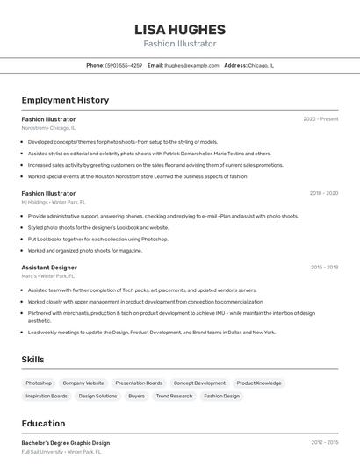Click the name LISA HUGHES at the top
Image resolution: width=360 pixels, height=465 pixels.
[x=180, y=29]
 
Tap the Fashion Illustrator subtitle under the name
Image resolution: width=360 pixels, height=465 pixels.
[x=180, y=44]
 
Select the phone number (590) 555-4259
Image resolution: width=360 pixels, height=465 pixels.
[x=124, y=65]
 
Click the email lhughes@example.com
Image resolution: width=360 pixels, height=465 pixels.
[x=192, y=65]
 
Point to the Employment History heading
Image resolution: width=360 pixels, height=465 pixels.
[x=65, y=100]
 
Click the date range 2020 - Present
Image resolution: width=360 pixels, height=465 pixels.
[x=320, y=118]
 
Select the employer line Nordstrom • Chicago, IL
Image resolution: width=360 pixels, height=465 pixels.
[x=48, y=128]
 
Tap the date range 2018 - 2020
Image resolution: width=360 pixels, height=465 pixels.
[x=324, y=193]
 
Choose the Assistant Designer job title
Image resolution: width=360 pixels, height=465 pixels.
[x=49, y=268]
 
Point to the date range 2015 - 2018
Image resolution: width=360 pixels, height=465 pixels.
[x=324, y=268]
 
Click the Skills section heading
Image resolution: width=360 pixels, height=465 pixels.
[x=32, y=360]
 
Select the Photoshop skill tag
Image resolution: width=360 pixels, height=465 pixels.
[x=39, y=383]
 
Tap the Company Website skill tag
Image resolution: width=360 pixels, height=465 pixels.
[x=83, y=383]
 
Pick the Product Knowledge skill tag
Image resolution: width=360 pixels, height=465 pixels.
[x=259, y=383]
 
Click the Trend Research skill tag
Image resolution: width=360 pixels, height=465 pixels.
[x=174, y=396]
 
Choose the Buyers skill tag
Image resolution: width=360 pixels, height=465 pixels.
[x=136, y=396]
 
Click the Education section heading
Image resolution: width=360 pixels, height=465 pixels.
[x=43, y=423]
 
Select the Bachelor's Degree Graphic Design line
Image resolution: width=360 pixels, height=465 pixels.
[x=66, y=443]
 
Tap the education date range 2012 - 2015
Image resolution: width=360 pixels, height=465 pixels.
[x=324, y=443]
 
